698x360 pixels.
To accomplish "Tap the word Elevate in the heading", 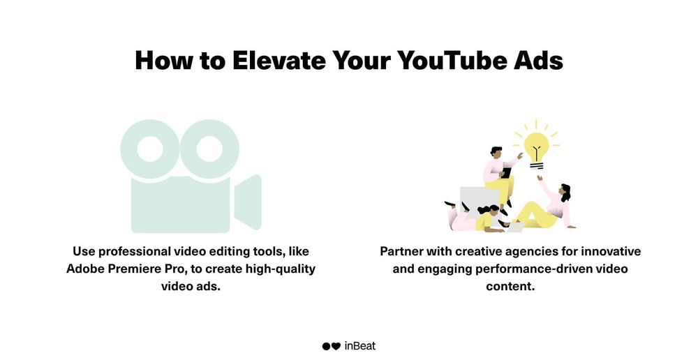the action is [279, 60].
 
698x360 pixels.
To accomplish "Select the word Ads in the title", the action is [538, 60].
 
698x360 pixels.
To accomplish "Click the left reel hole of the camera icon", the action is [151, 149].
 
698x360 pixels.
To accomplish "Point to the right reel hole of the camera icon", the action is [209, 149].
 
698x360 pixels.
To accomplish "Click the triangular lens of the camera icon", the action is [248, 202].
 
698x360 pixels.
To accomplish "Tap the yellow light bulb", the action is [536, 147].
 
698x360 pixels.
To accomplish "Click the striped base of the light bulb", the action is [536, 166].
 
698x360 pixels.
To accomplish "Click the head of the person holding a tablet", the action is [496, 151].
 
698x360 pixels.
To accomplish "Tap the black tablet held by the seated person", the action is [507, 172].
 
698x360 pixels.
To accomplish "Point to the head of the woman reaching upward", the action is [565, 192].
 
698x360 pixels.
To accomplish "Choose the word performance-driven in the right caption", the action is [535, 269].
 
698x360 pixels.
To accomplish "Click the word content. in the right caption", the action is [510, 286].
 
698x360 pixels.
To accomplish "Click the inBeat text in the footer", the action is [359, 346].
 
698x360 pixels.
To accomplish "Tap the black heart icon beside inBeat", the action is [336, 346].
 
